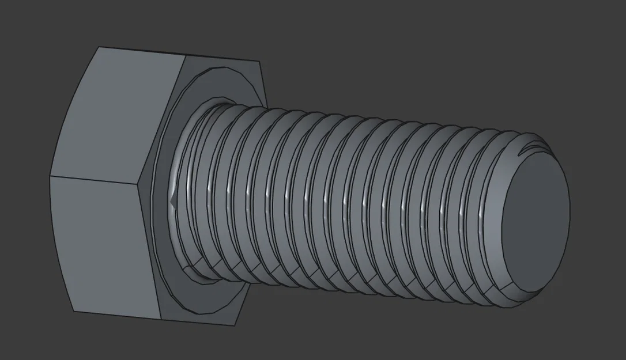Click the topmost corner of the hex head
(99, 47)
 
